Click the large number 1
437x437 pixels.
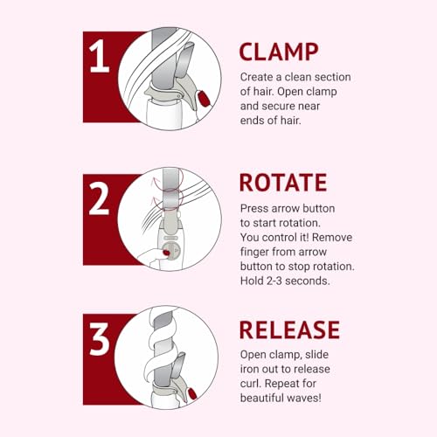pos(100,56)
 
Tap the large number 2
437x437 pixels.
pos(100,198)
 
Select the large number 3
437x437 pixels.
pos(100,339)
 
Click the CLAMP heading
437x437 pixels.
pos(279,52)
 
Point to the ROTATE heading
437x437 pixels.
pos(283,183)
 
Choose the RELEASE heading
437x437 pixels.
pos(289,330)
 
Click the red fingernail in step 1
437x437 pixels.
pos(204,98)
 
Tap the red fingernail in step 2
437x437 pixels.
pos(166,253)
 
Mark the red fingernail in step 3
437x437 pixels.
pos(192,394)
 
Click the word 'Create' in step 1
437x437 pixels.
pos(257,77)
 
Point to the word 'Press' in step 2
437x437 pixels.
pos(254,209)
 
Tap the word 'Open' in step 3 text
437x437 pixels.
pos(253,355)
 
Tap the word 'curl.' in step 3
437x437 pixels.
pos(251,384)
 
